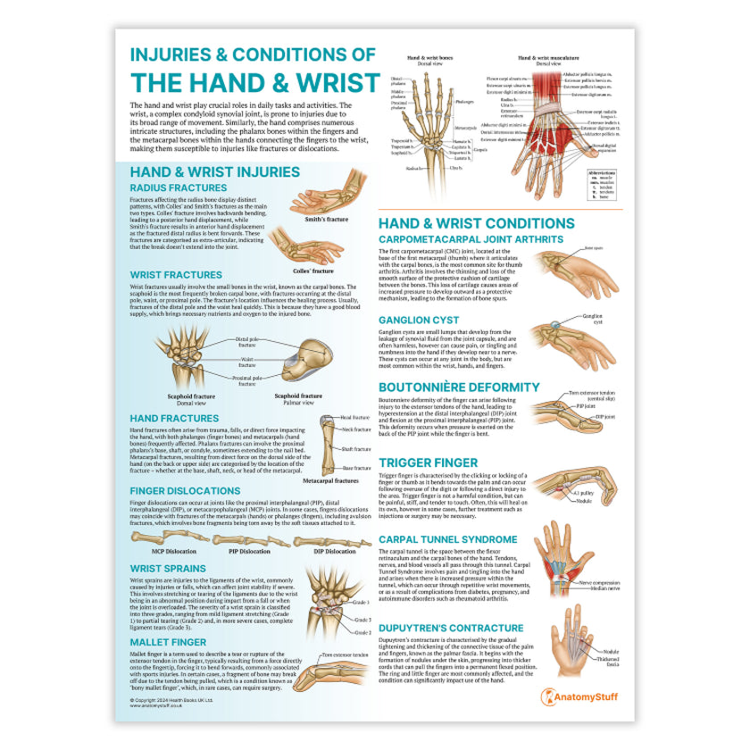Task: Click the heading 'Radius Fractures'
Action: [x=179, y=187]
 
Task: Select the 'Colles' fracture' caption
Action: [x=312, y=271]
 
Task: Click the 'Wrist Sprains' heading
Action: [x=168, y=569]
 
